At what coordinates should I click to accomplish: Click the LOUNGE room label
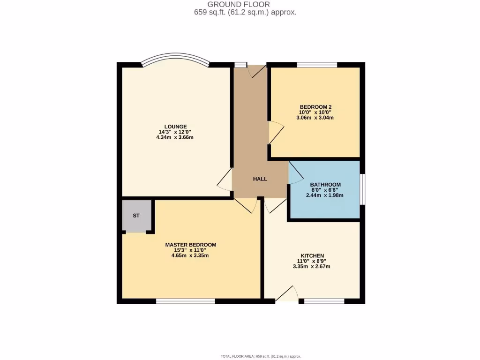coord(175,127)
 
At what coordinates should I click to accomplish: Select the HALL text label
coord(260,179)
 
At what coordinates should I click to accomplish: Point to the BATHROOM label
coord(325,185)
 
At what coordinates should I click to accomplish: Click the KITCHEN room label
coord(312,255)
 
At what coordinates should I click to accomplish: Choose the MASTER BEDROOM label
coord(190,245)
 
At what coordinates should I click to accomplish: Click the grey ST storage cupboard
coord(136,216)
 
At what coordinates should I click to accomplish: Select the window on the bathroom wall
coord(362,189)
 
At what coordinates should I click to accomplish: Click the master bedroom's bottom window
coord(185,301)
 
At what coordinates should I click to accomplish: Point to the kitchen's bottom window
coord(324,301)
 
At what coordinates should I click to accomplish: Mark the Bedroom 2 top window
coord(316,65)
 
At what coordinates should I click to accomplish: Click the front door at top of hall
coord(257,70)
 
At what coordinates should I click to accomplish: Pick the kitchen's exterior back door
coord(286,294)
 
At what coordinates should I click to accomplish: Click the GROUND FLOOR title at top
coord(245,5)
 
